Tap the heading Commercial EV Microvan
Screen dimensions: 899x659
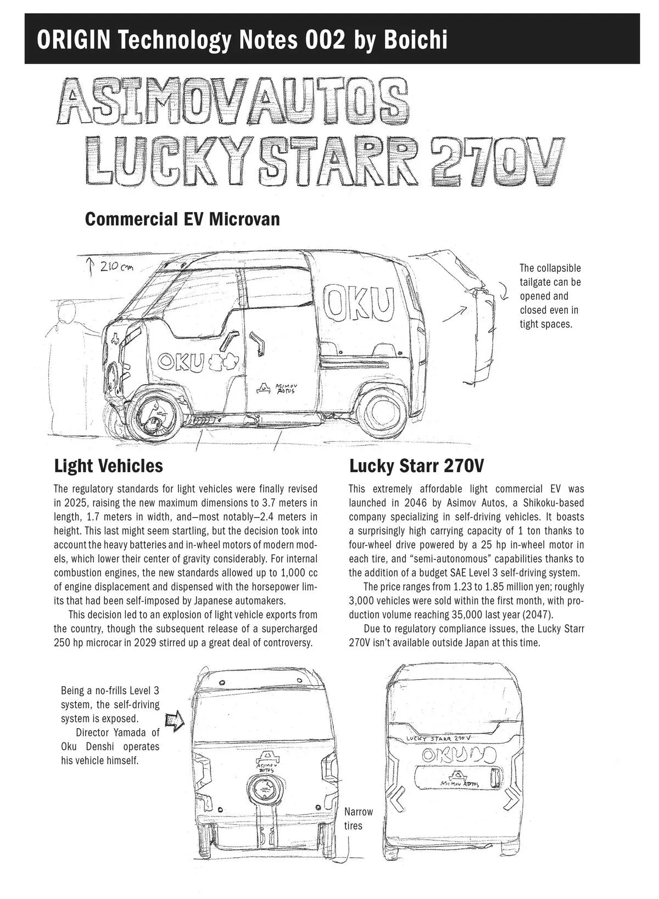(x=182, y=219)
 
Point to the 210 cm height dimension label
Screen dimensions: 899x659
(x=116, y=267)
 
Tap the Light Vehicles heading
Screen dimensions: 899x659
(x=108, y=466)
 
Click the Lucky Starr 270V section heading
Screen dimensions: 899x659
(x=416, y=466)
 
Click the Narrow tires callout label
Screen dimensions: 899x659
(x=358, y=818)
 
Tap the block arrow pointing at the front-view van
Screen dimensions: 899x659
(x=174, y=722)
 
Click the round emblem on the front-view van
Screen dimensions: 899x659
(x=265, y=791)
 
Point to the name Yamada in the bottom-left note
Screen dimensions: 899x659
(x=130, y=732)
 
